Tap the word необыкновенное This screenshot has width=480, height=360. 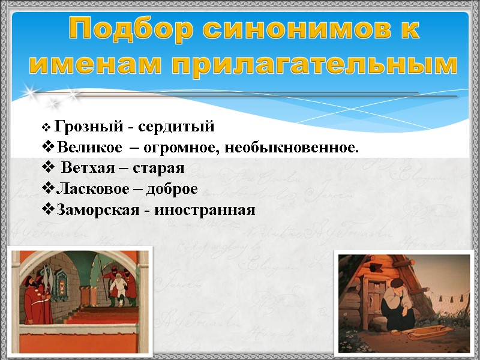[294, 147]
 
